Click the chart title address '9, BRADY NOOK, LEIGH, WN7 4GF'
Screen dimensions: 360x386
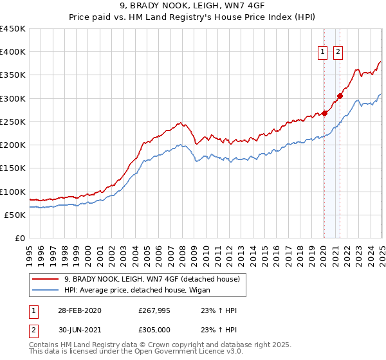[x=192, y=6]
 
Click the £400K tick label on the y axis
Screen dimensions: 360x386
[x=12, y=52]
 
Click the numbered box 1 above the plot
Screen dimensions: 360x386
[x=322, y=53]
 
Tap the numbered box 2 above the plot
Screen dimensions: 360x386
[x=338, y=53]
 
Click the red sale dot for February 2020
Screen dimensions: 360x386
[x=325, y=114]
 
